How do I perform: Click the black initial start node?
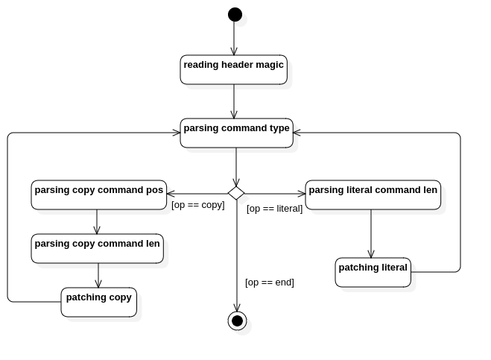pos(235,14)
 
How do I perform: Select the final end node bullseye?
pos(238,320)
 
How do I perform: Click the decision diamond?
pos(236,193)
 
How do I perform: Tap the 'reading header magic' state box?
pos(234,69)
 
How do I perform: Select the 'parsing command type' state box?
pos(237,133)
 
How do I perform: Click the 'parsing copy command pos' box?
pos(99,195)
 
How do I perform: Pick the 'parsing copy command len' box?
pos(98,248)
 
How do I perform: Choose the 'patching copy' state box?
pos(99,302)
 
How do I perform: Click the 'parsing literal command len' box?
pos(373,195)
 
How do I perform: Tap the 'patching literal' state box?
pos(373,272)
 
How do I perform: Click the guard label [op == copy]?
pos(198,205)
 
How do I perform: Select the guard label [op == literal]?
pos(275,209)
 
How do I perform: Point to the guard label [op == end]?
pos(270,282)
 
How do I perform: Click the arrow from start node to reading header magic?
pos(234,38)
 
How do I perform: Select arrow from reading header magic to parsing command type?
pos(234,101)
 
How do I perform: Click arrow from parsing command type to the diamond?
pos(236,167)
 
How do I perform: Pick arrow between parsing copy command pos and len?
pos(97,221)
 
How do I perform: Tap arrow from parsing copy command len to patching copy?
pos(98,276)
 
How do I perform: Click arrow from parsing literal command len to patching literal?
pos(371,234)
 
